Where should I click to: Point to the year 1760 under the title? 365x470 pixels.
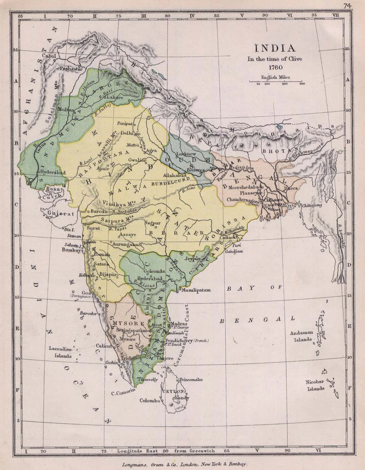tap(275, 67)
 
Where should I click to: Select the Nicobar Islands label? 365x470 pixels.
tap(315, 385)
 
